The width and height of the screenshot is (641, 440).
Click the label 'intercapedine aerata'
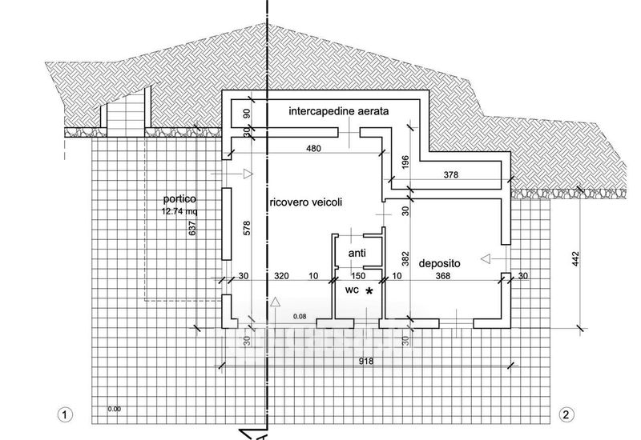click(x=339, y=113)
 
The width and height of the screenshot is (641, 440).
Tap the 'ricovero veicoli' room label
click(x=306, y=203)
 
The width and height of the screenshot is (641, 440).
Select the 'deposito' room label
click(x=441, y=262)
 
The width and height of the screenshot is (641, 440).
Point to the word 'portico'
click(x=179, y=198)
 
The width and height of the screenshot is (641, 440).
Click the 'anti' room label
click(x=357, y=253)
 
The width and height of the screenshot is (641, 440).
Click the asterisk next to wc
click(x=369, y=291)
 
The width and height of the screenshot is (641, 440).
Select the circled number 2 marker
click(x=566, y=414)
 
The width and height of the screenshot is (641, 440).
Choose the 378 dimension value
click(x=452, y=174)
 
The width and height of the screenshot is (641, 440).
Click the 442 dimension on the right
click(x=576, y=259)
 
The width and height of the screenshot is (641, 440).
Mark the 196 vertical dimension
click(x=405, y=161)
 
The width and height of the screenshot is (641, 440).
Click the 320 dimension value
click(x=281, y=276)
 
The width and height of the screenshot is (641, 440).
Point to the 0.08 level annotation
click(x=300, y=317)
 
